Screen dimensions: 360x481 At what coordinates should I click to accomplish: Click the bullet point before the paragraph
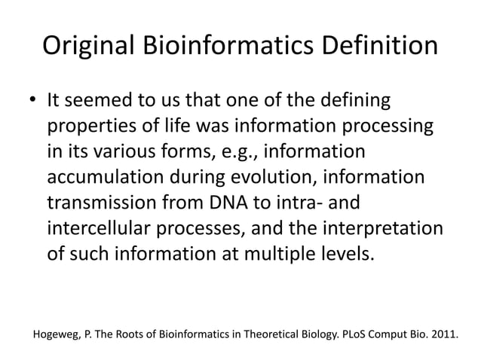pos(34,100)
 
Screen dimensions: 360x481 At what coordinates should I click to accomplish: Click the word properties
pos(94,126)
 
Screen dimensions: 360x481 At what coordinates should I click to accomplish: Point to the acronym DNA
pos(231,203)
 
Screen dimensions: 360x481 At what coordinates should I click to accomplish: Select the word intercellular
pos(104,229)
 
